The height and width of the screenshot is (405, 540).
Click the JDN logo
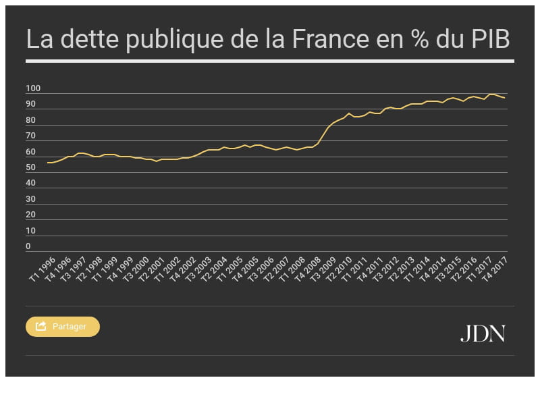click(x=483, y=333)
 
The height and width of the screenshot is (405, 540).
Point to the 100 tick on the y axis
click(x=33, y=89)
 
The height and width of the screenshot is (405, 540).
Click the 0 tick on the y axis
click(x=28, y=247)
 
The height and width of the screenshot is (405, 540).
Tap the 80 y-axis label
click(x=31, y=121)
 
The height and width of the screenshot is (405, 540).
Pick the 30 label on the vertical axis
click(x=31, y=200)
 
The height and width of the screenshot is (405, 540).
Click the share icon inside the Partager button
click(x=40, y=327)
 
